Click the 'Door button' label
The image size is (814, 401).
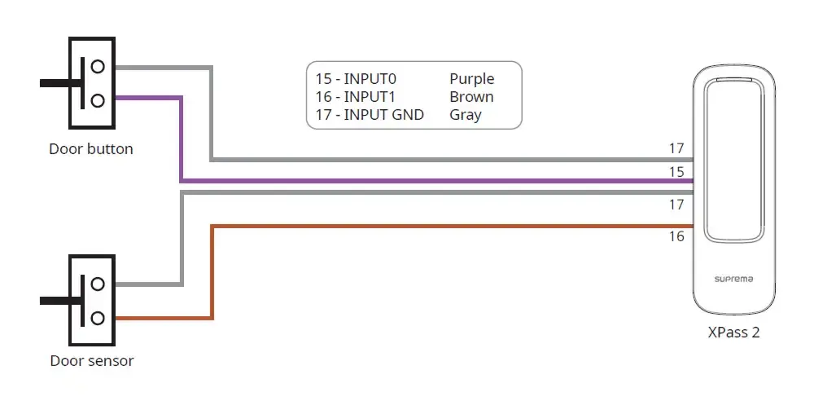click(x=91, y=149)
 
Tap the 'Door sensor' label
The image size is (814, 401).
click(x=92, y=360)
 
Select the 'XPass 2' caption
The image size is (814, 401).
click(x=733, y=333)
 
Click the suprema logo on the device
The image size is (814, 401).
click(x=733, y=280)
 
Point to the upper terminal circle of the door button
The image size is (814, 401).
click(x=98, y=67)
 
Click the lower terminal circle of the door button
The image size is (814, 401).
click(x=98, y=100)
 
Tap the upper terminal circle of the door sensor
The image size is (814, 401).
click(x=98, y=284)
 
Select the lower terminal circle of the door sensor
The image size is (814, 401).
click(x=98, y=317)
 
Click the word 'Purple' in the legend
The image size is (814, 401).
click(x=472, y=79)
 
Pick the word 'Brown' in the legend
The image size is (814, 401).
click(x=471, y=97)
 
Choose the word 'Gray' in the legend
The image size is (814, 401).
click(x=466, y=115)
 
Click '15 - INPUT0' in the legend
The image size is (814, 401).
click(x=357, y=79)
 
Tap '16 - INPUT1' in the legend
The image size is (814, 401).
click(x=356, y=97)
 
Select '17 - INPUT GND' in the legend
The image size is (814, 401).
click(x=370, y=114)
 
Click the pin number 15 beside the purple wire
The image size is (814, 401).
click(x=676, y=172)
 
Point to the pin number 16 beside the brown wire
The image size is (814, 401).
click(x=676, y=236)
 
